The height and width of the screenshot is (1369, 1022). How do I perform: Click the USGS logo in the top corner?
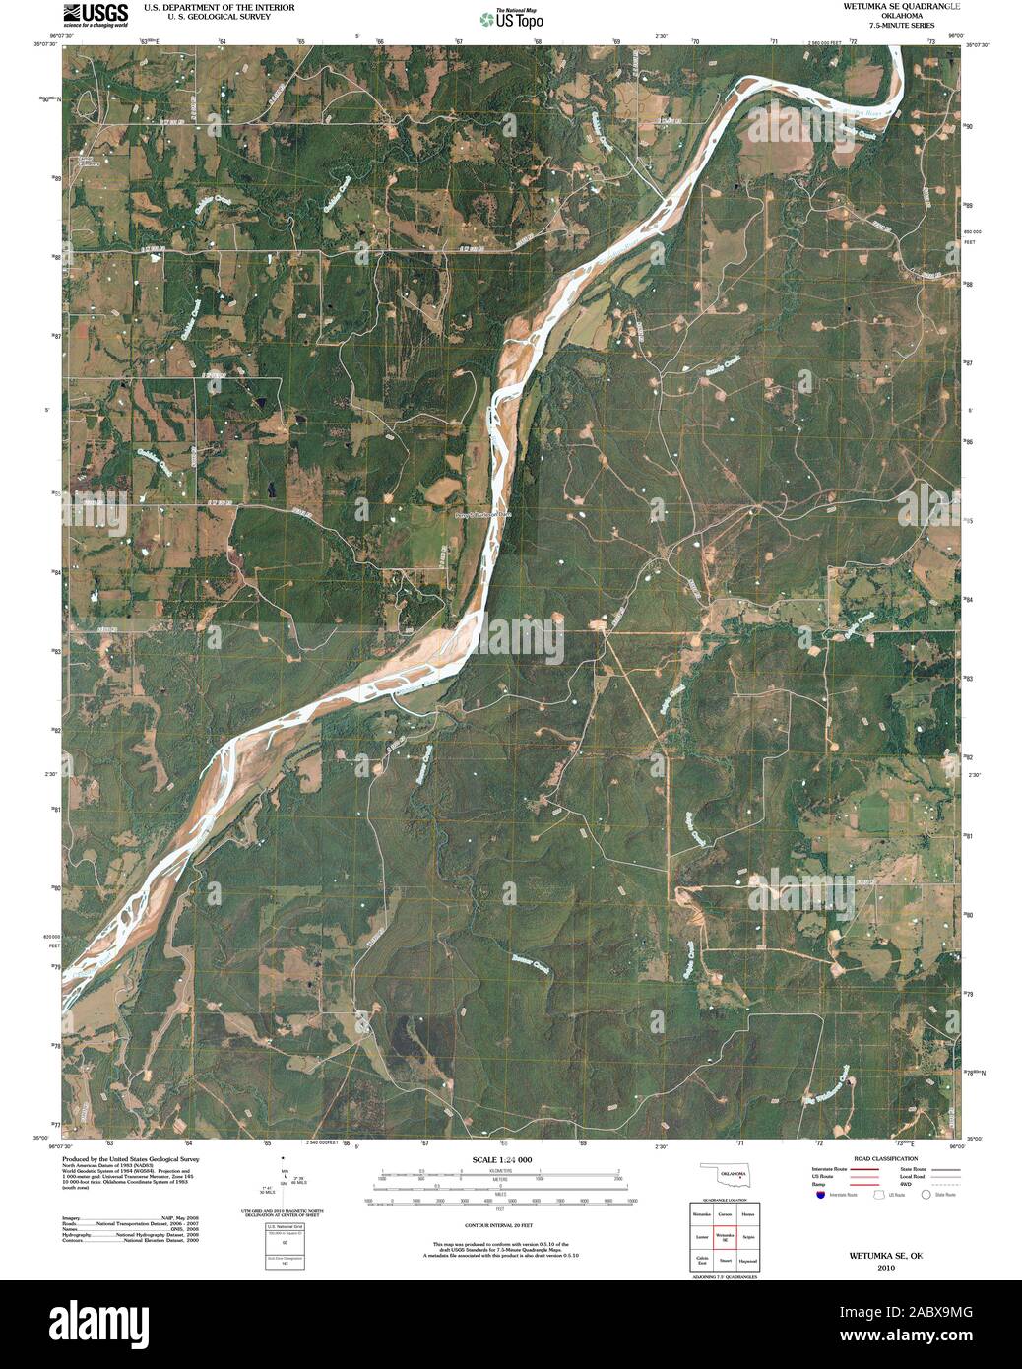click(95, 15)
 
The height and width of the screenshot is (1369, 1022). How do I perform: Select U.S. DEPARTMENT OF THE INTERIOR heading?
click(205, 6)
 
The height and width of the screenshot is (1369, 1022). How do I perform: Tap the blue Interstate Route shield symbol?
click(819, 1195)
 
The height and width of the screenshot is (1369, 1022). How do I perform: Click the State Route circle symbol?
click(926, 1195)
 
